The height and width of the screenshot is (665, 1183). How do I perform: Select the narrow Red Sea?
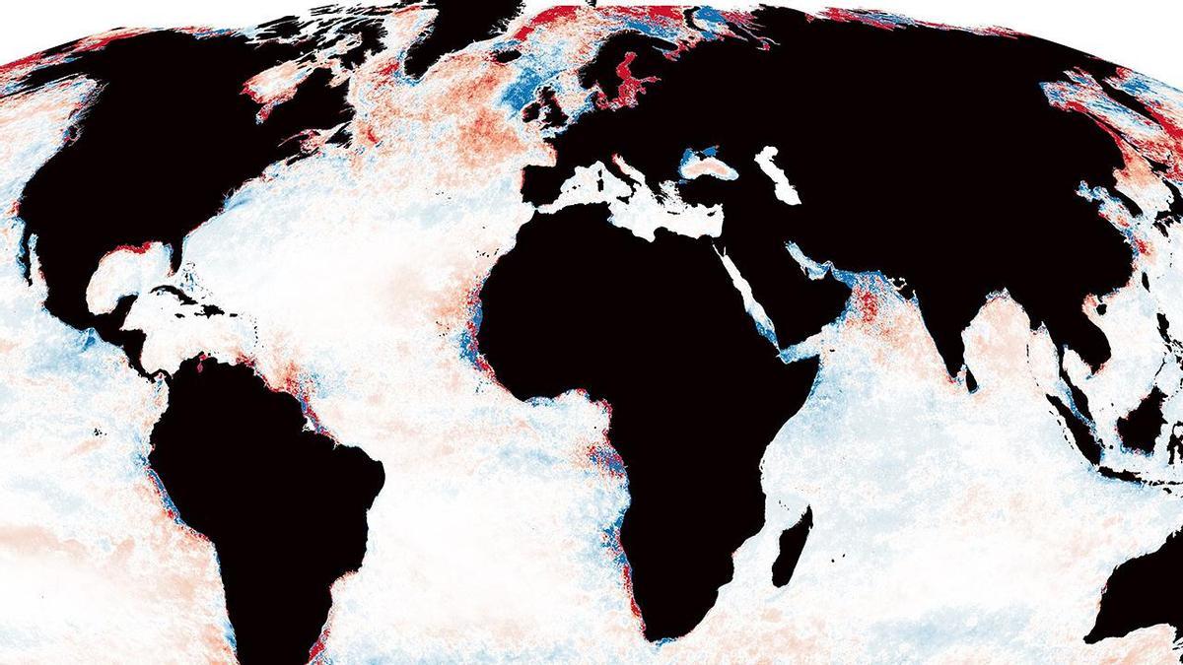point(749,296)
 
